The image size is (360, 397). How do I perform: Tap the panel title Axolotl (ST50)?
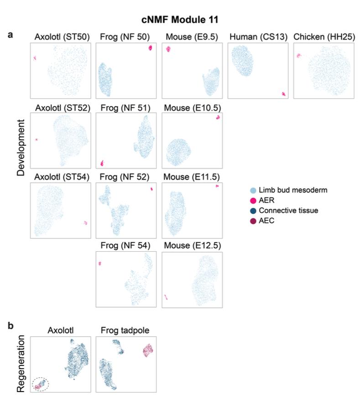pos(61,37)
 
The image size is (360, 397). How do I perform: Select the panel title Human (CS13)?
pos(257,37)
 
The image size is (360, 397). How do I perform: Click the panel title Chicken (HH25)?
pos(324,37)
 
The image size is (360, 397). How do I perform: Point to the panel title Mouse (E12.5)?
pos(192,246)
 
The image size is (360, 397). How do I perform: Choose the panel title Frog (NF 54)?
pos(126,246)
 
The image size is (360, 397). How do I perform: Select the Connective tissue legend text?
pos(286,211)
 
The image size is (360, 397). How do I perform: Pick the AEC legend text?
pos(266,221)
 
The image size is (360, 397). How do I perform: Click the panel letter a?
pos(10,34)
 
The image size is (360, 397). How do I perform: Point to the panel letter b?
pos(10,326)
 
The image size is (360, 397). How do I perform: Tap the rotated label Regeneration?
pos(21,364)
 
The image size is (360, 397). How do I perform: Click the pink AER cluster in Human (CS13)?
pos(284,94)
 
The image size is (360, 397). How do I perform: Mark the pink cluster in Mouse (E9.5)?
pos(167,49)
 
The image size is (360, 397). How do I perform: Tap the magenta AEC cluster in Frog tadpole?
pos(147,351)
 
